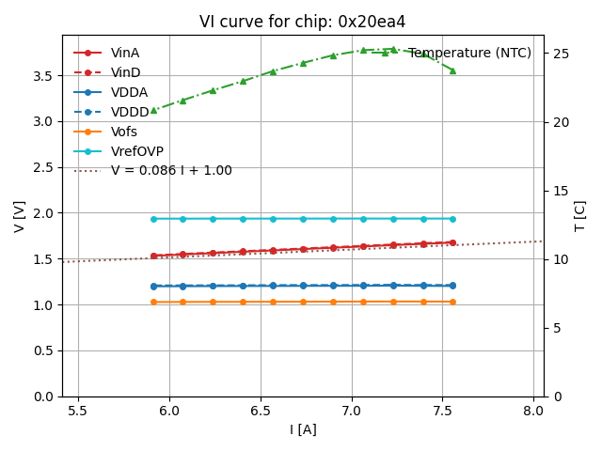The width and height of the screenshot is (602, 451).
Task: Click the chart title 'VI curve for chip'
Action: tap(302, 22)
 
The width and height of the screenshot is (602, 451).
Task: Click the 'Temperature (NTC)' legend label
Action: tap(469, 53)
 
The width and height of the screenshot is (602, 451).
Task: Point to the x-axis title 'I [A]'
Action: tap(303, 429)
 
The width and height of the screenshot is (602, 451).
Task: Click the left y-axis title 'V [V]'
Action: tap(20, 216)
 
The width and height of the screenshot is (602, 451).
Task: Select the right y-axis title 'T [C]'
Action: tap(579, 216)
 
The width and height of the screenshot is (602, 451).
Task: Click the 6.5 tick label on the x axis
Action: tap(261, 412)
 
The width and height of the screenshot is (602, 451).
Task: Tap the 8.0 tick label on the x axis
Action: tap(534, 412)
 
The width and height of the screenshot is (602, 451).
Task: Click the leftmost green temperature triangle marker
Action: tap(153, 110)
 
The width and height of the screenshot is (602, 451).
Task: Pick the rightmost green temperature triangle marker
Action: tap(452, 70)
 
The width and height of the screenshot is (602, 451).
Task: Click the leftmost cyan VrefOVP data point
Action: tap(153, 219)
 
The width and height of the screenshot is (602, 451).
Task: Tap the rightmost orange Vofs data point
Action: tap(452, 302)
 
